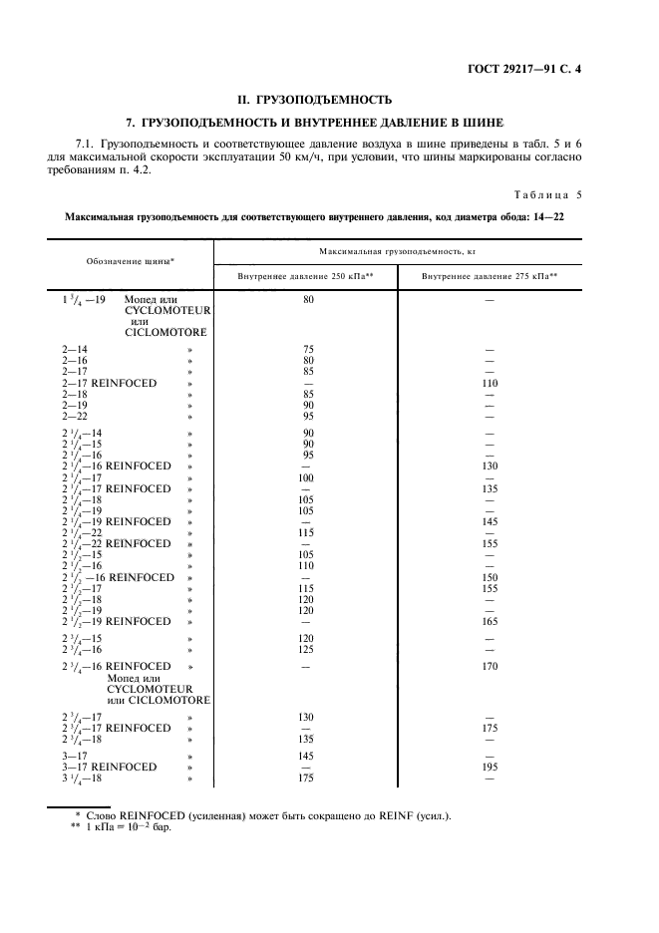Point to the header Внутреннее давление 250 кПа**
tap(306, 275)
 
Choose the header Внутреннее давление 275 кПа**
tap(490, 275)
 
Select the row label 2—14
tap(75, 350)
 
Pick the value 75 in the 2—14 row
tap(308, 350)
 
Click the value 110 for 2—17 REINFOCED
tap(490, 383)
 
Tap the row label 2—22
tap(75, 416)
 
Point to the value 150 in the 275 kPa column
tap(490, 577)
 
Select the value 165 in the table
tap(490, 621)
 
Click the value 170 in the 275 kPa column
tap(490, 666)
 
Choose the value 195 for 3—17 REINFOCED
tap(490, 767)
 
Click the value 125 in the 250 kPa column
tap(308, 649)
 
